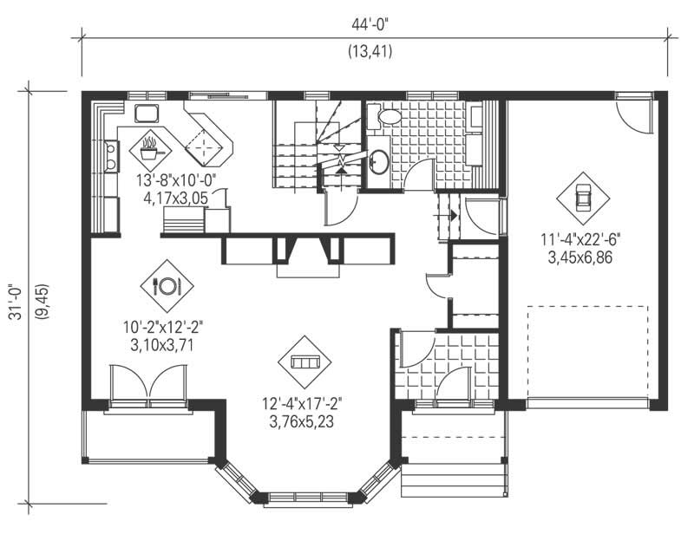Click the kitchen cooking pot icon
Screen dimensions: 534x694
coord(150,148)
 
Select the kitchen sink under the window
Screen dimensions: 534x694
coord(145,114)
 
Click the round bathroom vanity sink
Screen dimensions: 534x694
coord(378,161)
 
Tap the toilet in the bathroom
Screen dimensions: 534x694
coord(388,116)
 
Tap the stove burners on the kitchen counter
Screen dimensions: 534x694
coord(111,156)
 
